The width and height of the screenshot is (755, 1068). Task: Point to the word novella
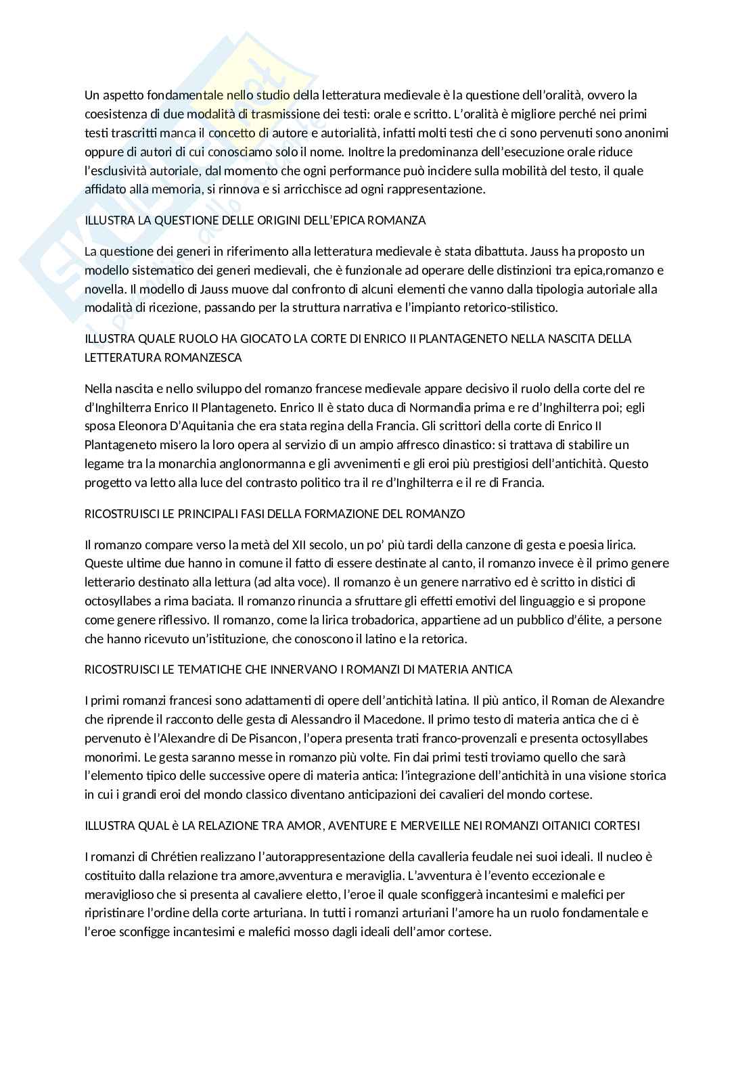click(104, 289)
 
